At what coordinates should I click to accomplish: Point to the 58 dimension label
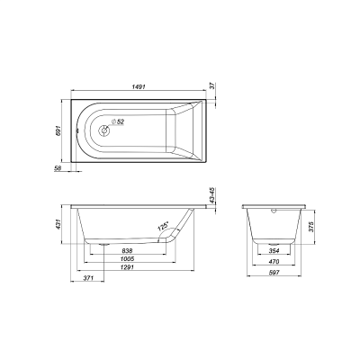pyautogui.click(x=58, y=168)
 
